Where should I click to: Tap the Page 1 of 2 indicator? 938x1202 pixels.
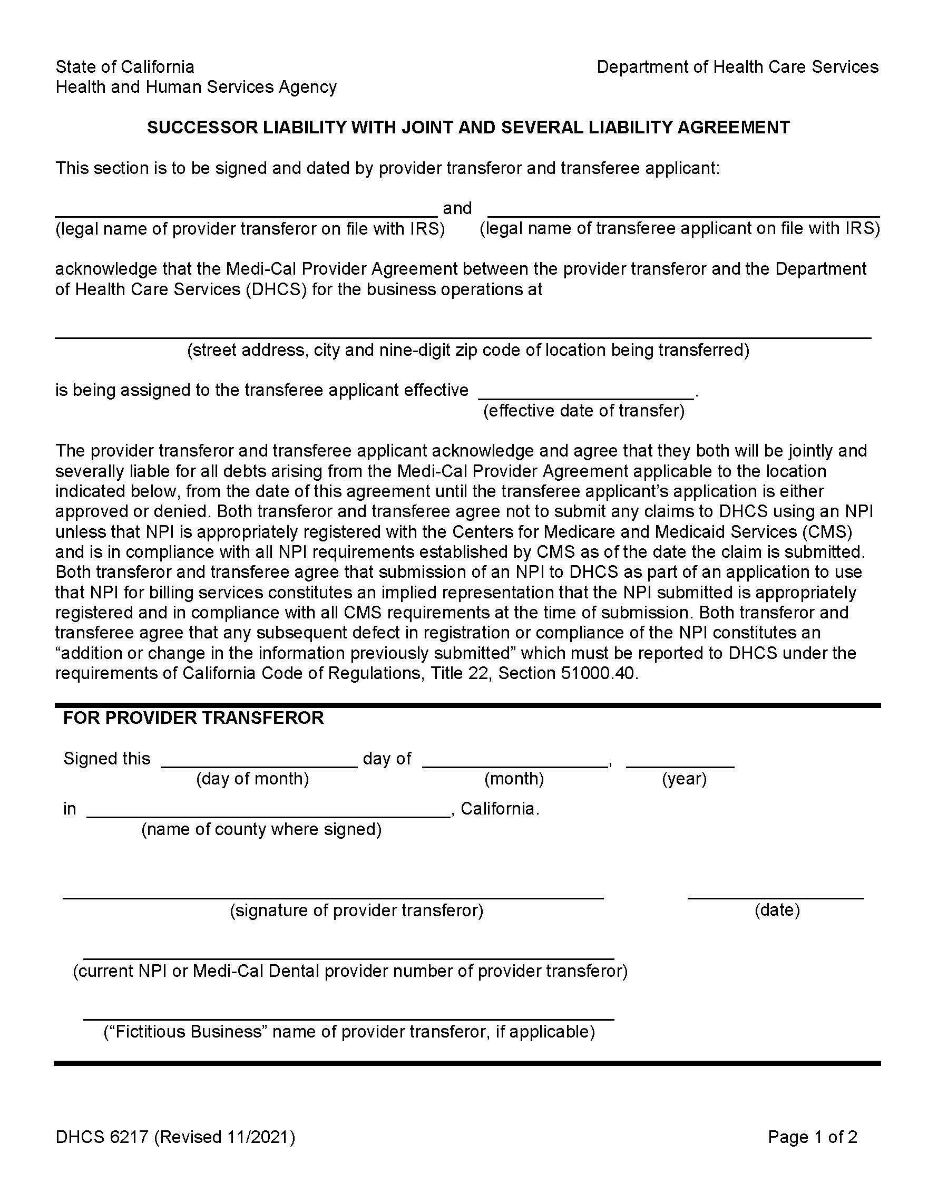click(x=812, y=1137)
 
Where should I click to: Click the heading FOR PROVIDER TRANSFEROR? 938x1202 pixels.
click(x=193, y=718)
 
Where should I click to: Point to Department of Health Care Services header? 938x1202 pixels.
click(x=737, y=67)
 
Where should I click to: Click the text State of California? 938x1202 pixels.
click(x=125, y=67)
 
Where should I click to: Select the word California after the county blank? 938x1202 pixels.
click(x=499, y=809)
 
